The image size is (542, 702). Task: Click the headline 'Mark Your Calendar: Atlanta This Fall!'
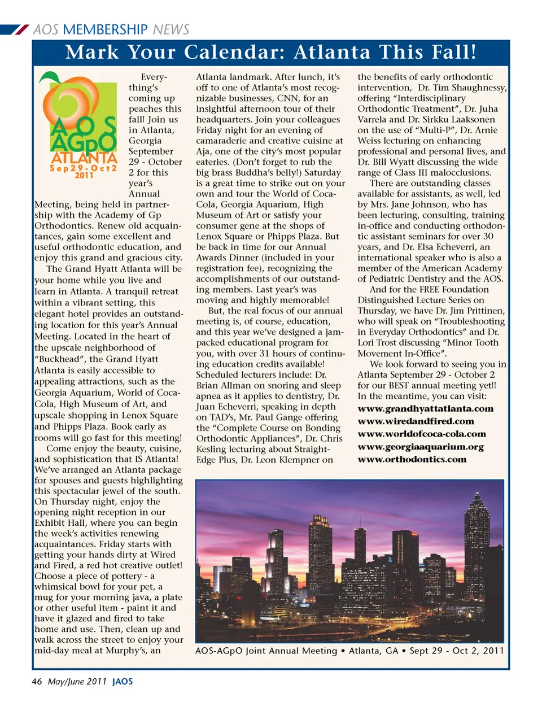[271, 53]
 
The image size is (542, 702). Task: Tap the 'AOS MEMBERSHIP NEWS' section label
[111, 29]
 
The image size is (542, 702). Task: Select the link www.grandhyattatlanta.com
[425, 408]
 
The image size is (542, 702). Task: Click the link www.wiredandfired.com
[416, 421]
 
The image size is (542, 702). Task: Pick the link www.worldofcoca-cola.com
[421, 434]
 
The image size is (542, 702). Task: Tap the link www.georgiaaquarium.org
[421, 447]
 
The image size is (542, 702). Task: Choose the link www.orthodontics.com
[412, 459]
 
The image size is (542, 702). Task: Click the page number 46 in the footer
[37, 681]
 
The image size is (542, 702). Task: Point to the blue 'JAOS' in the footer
[123, 681]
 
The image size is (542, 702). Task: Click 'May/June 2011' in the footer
[77, 681]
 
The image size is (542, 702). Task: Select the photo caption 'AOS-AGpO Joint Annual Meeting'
[266, 651]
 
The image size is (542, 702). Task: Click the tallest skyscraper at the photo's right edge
[478, 542]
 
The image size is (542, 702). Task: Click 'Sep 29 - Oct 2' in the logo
[83, 168]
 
